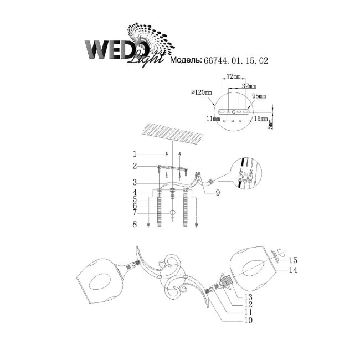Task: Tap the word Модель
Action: [186, 61]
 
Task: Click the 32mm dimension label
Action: [249, 86]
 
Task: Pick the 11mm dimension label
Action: [210, 119]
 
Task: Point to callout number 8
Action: [134, 224]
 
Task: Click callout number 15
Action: [294, 260]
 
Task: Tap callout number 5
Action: [134, 198]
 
